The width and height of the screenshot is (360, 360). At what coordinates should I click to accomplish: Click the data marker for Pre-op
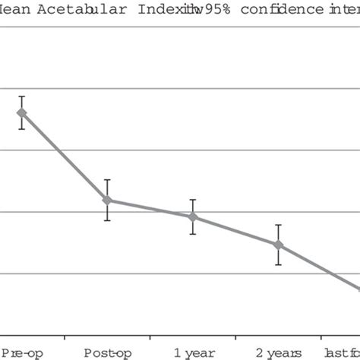(22, 113)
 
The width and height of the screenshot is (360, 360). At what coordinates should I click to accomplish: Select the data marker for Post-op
(107, 201)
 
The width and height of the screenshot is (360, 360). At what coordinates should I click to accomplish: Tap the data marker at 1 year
(193, 217)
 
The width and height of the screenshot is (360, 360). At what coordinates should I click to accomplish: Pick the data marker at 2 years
(279, 245)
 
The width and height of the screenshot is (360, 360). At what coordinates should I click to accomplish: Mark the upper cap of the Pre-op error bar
(22, 96)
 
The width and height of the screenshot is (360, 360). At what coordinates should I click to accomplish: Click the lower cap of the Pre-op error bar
(22, 129)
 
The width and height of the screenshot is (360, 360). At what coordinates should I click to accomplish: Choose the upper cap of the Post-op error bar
(107, 180)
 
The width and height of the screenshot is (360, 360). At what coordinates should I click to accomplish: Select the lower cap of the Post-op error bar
(107, 220)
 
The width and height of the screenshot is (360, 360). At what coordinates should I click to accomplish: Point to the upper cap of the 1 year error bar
(193, 200)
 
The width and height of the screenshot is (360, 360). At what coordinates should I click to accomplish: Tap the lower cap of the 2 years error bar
(279, 264)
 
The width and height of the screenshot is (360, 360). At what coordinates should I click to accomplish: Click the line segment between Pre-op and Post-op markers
(65, 157)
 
